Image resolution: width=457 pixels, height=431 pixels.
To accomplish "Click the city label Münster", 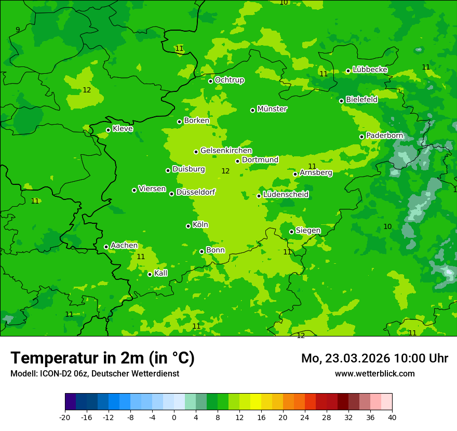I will coord(272,109).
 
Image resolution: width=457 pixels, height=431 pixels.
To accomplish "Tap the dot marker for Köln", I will coord(189,226).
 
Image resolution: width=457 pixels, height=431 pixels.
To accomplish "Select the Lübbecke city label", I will coord(370,70).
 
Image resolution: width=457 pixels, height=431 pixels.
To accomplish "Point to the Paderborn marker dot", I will coord(362,137).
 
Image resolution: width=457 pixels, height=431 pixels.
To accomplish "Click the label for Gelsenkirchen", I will coord(226,151).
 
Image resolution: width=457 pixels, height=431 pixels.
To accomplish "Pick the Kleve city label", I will coord(123,129).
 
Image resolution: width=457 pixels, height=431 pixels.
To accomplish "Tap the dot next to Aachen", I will coord(106,247).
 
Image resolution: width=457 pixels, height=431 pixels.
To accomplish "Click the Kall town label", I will coord(161,273).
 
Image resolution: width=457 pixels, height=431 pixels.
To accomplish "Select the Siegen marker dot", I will coord(292,232).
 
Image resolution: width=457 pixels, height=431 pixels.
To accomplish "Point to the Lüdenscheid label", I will coord(286,195).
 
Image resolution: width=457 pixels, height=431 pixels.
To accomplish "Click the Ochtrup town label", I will coord(229,80).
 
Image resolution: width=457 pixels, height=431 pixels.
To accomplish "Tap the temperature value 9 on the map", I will coord(18,30).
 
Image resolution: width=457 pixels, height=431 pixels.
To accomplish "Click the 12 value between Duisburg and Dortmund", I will coord(225,171).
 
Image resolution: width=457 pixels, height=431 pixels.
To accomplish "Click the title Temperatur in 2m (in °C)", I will coord(102,358).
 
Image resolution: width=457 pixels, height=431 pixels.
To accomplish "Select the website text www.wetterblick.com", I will coord(374,374).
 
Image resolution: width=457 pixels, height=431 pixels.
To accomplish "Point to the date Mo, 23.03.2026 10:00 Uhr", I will coord(374,358).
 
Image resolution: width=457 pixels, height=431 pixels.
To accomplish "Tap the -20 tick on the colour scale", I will coord(65,417).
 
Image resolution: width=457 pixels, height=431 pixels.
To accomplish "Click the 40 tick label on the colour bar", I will coord(392,417).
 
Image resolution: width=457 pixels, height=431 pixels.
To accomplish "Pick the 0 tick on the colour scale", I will coord(174,417).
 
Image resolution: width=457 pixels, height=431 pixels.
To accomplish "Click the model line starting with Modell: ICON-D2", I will coord(95,374).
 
